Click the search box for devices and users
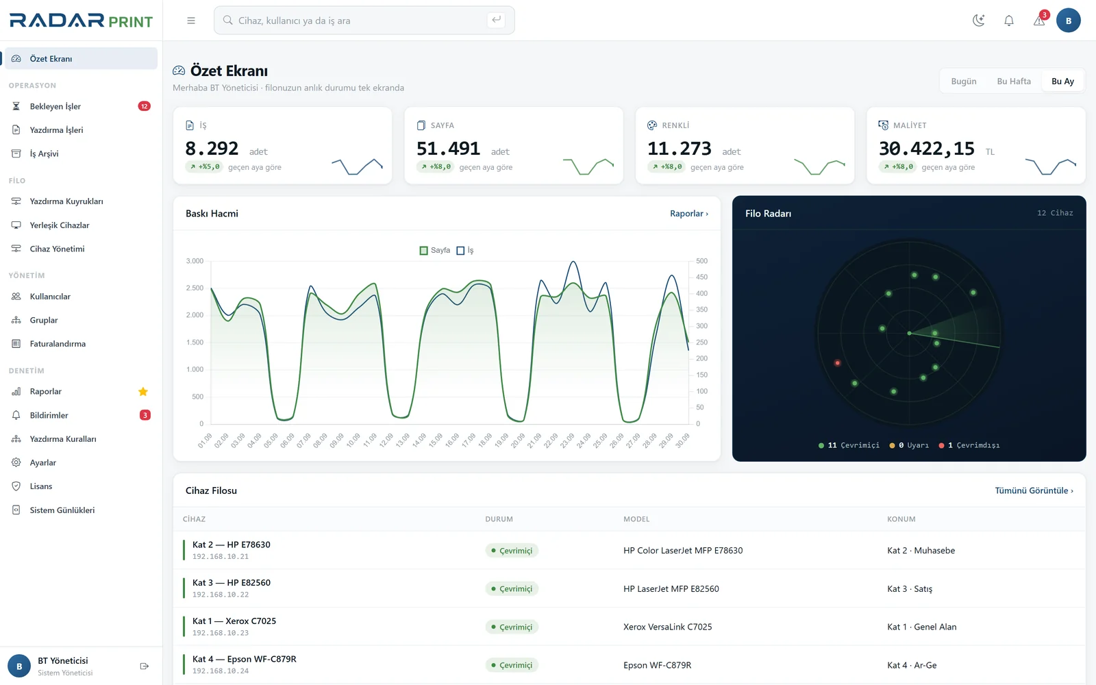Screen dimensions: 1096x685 pyautogui.click(x=364, y=21)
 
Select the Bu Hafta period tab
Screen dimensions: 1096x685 pyautogui.click(x=1014, y=82)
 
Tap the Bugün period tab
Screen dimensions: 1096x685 pyautogui.click(x=963, y=82)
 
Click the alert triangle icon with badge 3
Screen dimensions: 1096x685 pyautogui.click(x=1038, y=21)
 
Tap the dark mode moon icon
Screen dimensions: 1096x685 pyautogui.click(x=979, y=21)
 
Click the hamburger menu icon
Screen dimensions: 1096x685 pyautogui.click(x=191, y=21)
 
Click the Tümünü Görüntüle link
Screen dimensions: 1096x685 pyautogui.click(x=1034, y=490)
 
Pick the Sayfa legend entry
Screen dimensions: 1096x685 pyautogui.click(x=434, y=251)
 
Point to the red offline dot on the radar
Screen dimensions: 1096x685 pyautogui.click(x=838, y=363)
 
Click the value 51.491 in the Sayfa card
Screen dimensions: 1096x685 pyautogui.click(x=448, y=148)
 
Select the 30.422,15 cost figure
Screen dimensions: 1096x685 pyautogui.click(x=926, y=148)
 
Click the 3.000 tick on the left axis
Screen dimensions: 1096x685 pyautogui.click(x=195, y=261)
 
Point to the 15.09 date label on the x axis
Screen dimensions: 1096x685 pyautogui.click(x=435, y=440)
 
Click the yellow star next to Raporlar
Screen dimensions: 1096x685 pyautogui.click(x=143, y=391)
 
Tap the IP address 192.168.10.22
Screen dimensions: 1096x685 pyautogui.click(x=220, y=595)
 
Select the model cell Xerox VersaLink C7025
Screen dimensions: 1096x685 pyautogui.click(x=667, y=627)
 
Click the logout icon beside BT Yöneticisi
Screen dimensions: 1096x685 pyautogui.click(x=145, y=666)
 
